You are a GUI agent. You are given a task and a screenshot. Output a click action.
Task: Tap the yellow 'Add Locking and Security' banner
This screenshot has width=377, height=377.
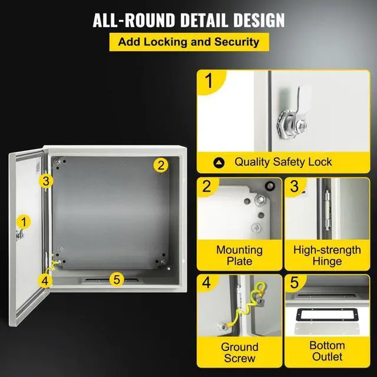[x=188, y=42]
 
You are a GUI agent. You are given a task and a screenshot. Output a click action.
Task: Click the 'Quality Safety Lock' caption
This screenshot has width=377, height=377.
[x=283, y=161]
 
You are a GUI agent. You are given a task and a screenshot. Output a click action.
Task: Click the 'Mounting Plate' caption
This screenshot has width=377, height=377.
[x=239, y=256]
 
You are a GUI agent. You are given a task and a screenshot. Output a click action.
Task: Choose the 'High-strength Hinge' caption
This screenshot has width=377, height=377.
[x=327, y=256]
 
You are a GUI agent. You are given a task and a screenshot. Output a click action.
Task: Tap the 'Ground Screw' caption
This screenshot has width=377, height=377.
[x=239, y=352]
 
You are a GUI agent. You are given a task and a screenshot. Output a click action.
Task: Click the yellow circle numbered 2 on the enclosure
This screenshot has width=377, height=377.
[x=160, y=165]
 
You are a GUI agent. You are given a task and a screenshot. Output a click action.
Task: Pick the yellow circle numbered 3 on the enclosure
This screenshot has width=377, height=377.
[x=47, y=181]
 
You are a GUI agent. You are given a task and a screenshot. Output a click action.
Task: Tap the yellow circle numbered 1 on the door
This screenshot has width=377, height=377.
[x=24, y=222]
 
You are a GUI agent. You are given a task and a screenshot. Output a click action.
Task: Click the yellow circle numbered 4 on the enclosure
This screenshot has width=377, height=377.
[x=45, y=280]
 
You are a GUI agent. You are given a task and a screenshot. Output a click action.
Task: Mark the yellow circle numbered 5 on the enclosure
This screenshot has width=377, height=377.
[x=117, y=279]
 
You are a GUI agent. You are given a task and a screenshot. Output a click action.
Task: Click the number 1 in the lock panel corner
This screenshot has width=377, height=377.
[x=208, y=81]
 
